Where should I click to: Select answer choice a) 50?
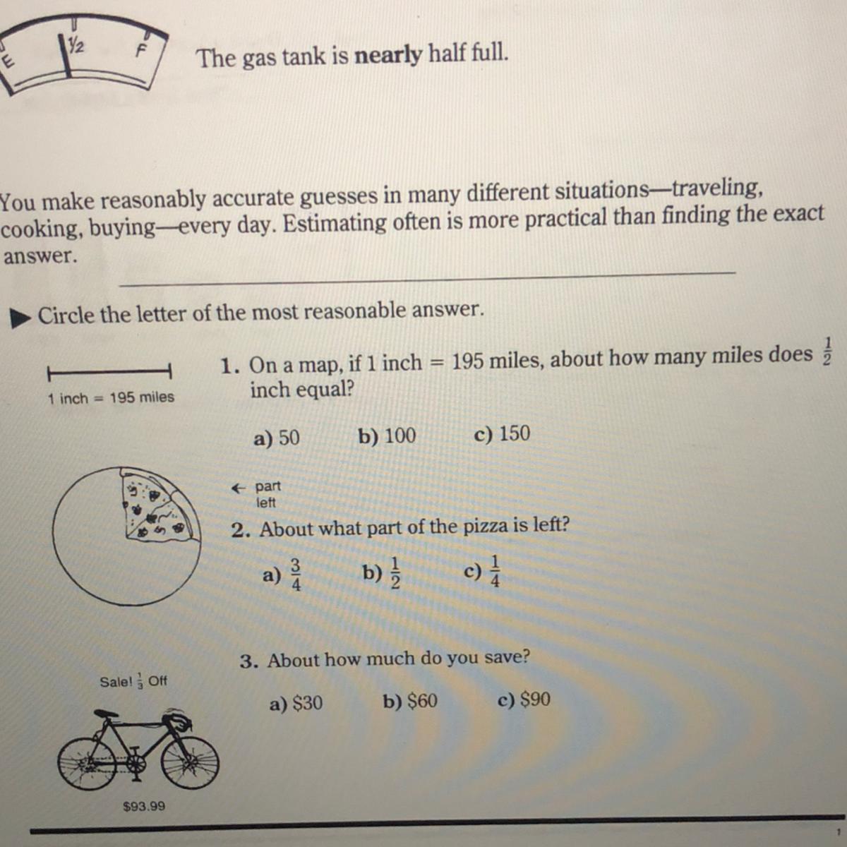[277, 438]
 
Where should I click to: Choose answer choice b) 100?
[387, 436]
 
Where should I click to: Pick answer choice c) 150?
[503, 434]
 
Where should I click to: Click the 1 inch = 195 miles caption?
[111, 398]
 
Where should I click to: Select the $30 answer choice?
[296, 703]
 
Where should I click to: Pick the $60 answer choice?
[410, 701]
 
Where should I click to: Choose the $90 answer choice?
[524, 699]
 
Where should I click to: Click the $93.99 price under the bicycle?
[144, 806]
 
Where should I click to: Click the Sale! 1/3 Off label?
[133, 682]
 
